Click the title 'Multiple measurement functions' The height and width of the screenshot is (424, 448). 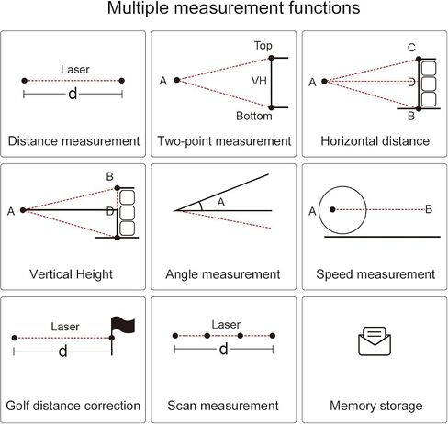click(233, 8)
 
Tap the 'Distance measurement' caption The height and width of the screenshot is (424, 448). click(73, 141)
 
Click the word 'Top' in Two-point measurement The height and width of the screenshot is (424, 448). click(263, 46)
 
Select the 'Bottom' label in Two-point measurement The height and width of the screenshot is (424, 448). click(254, 116)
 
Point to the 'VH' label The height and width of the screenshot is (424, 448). click(259, 81)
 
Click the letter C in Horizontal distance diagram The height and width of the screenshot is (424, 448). click(411, 48)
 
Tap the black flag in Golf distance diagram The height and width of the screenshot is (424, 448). click(123, 325)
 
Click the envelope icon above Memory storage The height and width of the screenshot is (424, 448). click(375, 341)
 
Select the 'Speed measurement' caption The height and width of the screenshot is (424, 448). click(375, 274)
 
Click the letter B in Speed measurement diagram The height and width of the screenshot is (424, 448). click(429, 209)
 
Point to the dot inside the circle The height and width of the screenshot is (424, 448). click(332, 209)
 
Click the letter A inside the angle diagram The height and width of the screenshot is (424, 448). click(221, 202)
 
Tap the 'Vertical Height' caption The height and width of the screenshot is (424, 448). click(71, 274)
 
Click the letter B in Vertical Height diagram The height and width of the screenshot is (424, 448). click(109, 176)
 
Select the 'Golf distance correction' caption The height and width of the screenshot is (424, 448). click(73, 406)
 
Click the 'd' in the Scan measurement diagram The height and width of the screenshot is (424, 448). click(224, 349)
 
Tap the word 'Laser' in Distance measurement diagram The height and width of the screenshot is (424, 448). click(75, 70)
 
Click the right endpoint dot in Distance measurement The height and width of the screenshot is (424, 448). click(121, 81)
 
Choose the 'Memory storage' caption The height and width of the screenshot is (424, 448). click(376, 406)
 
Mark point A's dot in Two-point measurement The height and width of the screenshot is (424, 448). click(177, 80)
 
